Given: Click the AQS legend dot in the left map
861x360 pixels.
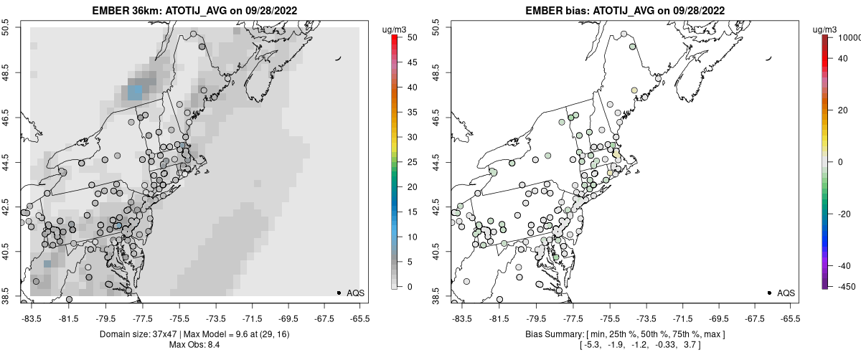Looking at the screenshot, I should click(339, 293).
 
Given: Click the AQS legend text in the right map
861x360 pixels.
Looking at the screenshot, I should click(786, 293).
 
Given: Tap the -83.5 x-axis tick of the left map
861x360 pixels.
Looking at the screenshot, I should click(31, 317).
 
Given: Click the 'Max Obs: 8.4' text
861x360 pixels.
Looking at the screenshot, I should click(194, 345).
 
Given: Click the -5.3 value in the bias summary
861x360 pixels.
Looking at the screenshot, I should click(589, 346).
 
